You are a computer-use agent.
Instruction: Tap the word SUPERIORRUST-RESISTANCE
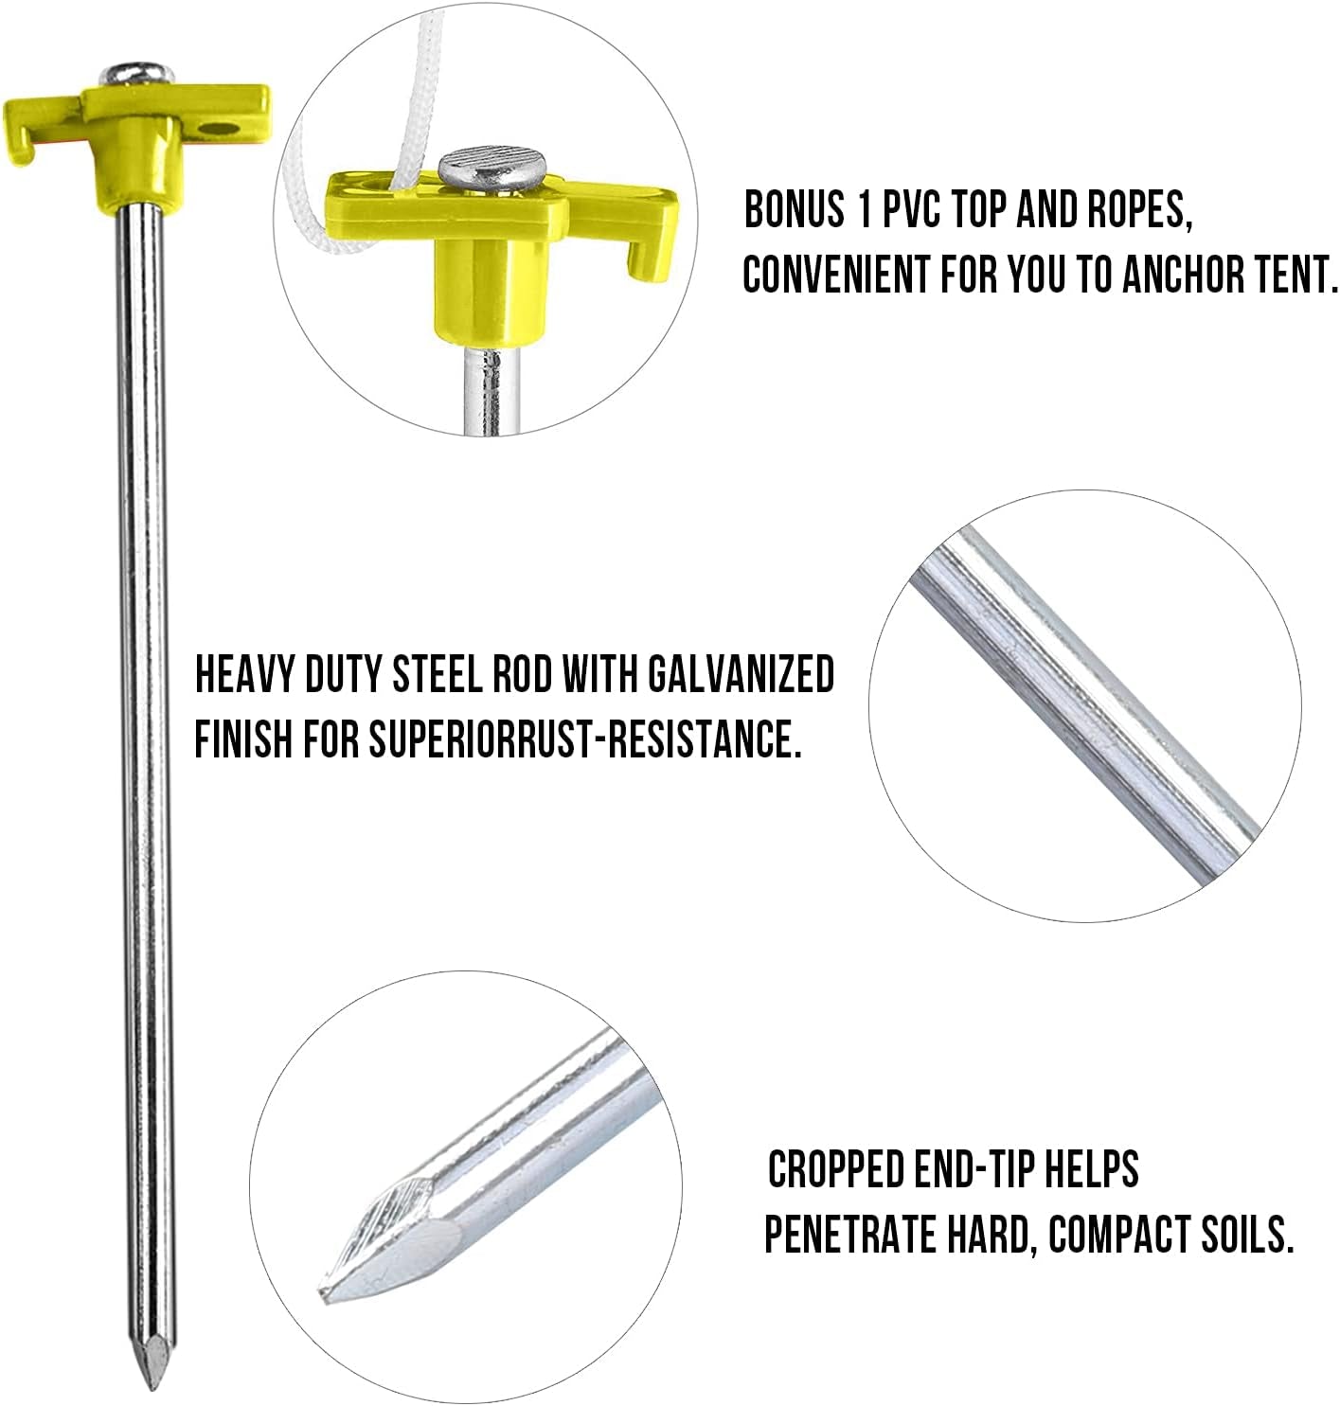pyautogui.click(x=580, y=739)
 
